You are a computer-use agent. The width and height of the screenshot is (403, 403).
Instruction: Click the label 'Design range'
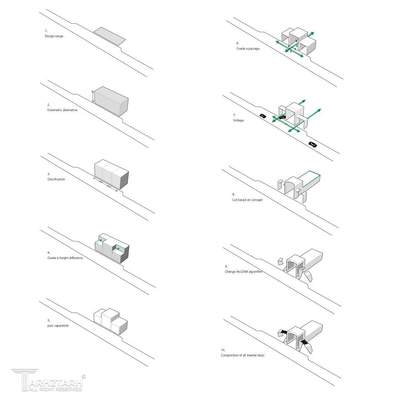point(54,36)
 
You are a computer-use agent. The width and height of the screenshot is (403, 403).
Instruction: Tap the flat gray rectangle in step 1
point(109,36)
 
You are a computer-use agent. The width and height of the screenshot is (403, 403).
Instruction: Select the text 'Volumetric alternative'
point(62,110)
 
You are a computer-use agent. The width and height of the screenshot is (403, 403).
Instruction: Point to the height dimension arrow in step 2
point(93,96)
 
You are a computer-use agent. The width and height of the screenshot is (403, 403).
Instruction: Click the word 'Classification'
point(56,179)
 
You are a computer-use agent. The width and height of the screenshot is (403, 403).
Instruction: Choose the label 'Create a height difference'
point(65,258)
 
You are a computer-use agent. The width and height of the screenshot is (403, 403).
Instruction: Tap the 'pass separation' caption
point(58,326)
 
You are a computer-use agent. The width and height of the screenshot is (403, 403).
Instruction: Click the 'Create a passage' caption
point(248,49)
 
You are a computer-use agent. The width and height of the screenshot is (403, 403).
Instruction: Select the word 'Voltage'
point(238,120)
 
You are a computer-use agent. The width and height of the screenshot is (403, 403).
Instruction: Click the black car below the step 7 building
point(313,144)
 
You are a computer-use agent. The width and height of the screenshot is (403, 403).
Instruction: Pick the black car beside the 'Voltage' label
point(263,116)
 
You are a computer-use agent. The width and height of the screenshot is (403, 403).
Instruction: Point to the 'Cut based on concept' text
point(247,200)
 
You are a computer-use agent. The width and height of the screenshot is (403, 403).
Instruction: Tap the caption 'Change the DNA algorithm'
point(244,272)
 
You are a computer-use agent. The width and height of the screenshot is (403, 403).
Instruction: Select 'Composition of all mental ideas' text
point(243,355)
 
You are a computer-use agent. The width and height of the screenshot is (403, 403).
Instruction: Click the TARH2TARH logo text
point(55,382)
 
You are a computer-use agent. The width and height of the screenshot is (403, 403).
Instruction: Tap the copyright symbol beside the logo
point(84,377)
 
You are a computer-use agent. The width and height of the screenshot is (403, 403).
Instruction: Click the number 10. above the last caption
point(223,350)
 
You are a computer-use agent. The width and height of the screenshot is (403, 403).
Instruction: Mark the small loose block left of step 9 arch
point(280,261)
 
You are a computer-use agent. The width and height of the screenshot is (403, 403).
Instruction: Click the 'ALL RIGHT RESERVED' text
point(55,389)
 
